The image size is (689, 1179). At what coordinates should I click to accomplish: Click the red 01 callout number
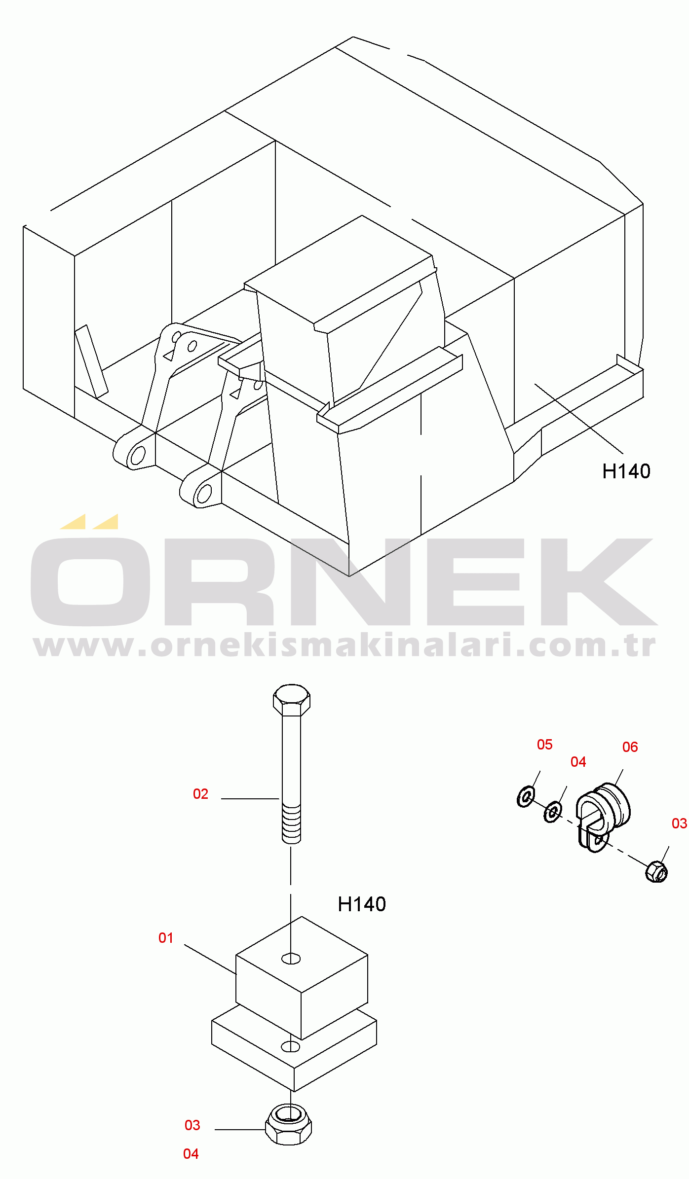pos(166,938)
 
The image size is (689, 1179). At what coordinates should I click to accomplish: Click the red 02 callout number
pos(200,794)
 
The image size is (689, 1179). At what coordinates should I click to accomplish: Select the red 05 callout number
pos(545,745)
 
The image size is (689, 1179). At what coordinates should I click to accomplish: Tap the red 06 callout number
pos(630,747)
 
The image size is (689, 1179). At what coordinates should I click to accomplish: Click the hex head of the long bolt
pos(292,700)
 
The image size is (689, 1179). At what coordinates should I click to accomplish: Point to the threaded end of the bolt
pos(291,824)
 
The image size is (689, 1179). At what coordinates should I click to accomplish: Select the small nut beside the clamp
pos(656,871)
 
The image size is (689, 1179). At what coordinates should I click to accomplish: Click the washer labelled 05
pos(526,796)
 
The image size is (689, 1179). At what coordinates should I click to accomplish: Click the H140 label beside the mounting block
pos(362,904)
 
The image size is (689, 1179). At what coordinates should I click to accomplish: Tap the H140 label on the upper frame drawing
pos(626,471)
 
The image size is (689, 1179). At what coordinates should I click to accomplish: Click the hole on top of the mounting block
pos(291,959)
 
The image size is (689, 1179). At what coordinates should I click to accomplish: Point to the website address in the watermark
pos(344,645)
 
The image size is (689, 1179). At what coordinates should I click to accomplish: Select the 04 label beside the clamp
pos(578,762)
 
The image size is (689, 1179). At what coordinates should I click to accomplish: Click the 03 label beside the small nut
pos(680,823)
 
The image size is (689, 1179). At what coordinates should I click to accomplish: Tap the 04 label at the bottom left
pos(191,1154)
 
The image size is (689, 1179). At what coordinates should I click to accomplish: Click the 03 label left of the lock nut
pos(192,1125)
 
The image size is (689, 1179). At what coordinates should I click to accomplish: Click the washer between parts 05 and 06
pos(553,812)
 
